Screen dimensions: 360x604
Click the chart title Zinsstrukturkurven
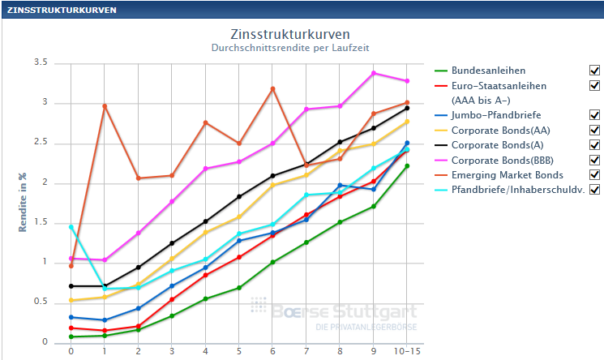(x=290, y=35)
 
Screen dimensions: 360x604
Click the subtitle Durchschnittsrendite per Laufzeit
(x=290, y=49)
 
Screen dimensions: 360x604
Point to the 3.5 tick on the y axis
(x=41, y=63)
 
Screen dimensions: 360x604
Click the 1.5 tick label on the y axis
(x=41, y=222)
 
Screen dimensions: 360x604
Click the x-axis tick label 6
(x=273, y=352)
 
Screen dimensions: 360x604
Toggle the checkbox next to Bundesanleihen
(x=594, y=71)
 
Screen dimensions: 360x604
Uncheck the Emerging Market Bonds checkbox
(x=594, y=174)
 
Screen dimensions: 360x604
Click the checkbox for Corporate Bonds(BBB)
(x=594, y=160)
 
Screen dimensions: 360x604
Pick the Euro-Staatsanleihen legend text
(x=499, y=85)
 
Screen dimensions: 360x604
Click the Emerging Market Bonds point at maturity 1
(x=105, y=106)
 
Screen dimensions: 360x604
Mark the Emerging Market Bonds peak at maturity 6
(x=273, y=88)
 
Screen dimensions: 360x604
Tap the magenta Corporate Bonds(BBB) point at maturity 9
(x=374, y=73)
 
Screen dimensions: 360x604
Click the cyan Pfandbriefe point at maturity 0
(x=71, y=227)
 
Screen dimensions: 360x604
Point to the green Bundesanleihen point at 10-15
(x=407, y=166)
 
